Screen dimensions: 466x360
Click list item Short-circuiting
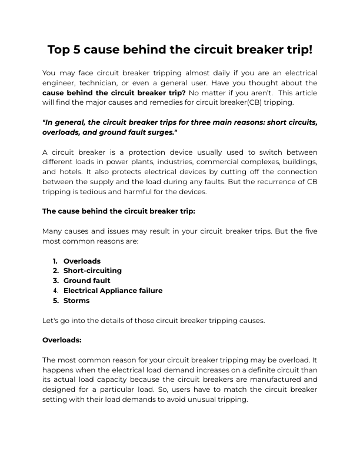92,271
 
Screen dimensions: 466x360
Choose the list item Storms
76,301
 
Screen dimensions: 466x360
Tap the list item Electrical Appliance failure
113,291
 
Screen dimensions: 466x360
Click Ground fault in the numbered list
86,281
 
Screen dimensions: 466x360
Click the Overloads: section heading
62,340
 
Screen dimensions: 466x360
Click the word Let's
51,320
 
